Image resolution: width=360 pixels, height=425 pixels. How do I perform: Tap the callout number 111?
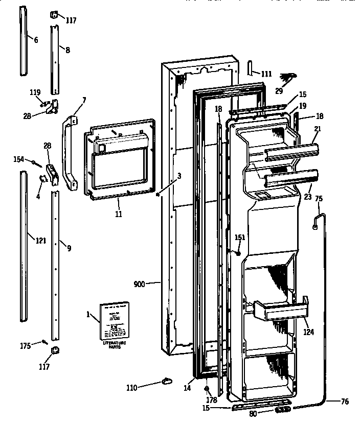(x=265, y=74)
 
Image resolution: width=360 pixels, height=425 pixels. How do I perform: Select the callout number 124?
(x=308, y=332)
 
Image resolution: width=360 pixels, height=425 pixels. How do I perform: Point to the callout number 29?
(x=279, y=90)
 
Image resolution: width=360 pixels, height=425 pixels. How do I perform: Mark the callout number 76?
(x=344, y=402)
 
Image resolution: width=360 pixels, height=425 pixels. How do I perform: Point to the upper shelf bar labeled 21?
(x=290, y=151)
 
